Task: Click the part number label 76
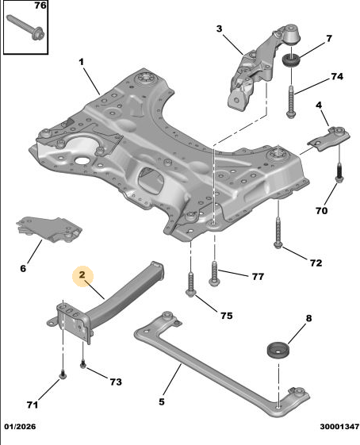point(40,6)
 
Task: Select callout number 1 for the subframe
point(82,62)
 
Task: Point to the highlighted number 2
point(82,274)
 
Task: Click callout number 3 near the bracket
point(220,29)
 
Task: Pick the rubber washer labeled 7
point(291,60)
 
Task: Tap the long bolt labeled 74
point(291,101)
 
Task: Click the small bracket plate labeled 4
point(329,139)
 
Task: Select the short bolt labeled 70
point(339,173)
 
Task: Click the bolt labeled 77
point(214,274)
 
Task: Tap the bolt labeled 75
point(190,285)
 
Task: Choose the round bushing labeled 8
point(278,351)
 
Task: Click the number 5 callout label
point(162,401)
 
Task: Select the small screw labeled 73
point(83,364)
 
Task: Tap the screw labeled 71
point(63,374)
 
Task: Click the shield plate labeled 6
point(49,229)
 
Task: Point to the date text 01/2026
point(20,426)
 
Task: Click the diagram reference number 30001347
point(339,426)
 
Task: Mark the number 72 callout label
point(316,263)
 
